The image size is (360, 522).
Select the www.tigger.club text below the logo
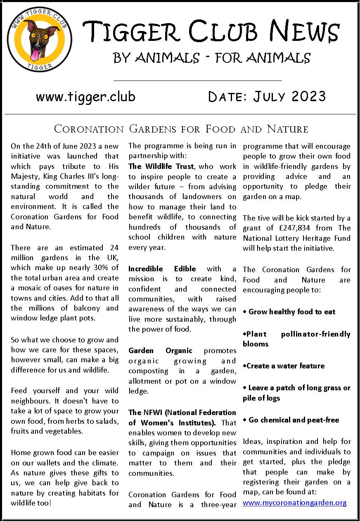pyautogui.click(x=85, y=97)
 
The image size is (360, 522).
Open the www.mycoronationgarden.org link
pyautogui.click(x=294, y=503)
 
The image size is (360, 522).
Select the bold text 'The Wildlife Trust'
pyautogui.click(x=161, y=166)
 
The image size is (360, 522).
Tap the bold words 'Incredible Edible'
pyautogui.click(x=162, y=269)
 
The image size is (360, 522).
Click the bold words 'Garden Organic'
pyautogui.click(x=160, y=351)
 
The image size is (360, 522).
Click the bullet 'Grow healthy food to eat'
pyautogui.click(x=291, y=312)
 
